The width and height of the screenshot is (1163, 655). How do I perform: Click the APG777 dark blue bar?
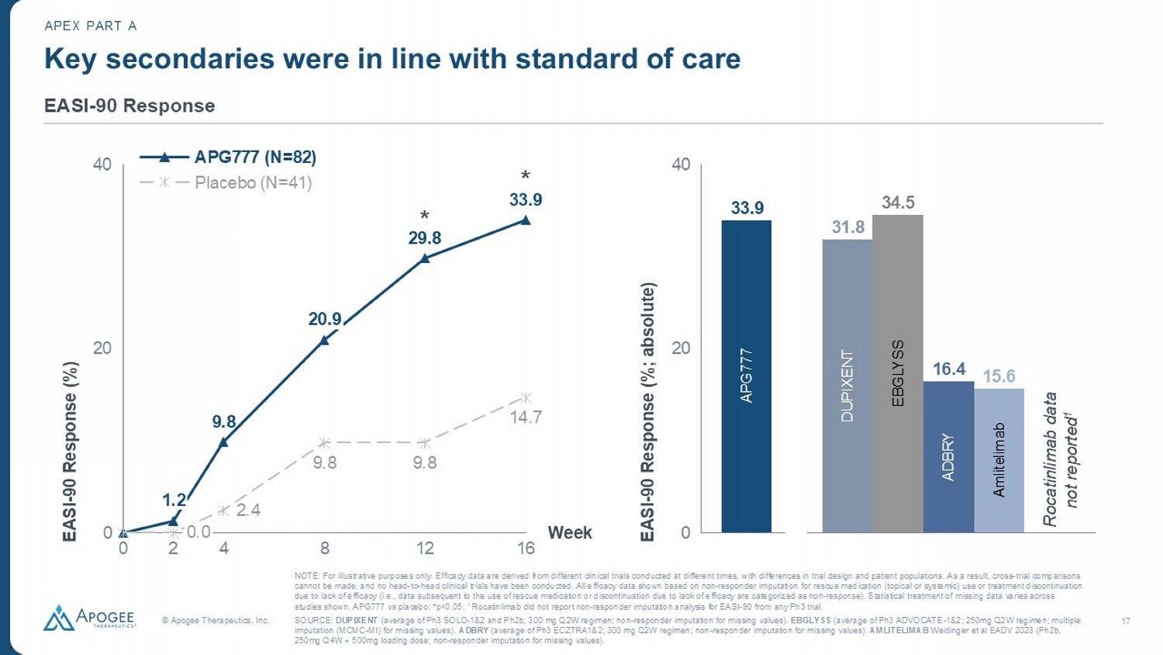pos(746,376)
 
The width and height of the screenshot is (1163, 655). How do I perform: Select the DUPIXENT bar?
pos(847,386)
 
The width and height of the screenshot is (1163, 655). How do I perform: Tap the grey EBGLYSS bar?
pos(897,373)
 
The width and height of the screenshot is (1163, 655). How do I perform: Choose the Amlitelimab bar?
pos(999,460)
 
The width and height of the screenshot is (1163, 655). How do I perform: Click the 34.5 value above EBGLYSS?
pos(898,203)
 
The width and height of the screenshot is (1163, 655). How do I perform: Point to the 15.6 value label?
pos(999,376)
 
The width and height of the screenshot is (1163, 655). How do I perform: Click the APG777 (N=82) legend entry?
pos(228,157)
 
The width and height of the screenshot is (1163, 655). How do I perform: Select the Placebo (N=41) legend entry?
pos(226,183)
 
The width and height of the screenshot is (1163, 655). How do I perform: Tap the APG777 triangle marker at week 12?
pos(425,258)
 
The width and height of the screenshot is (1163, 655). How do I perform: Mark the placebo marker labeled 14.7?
pos(526,398)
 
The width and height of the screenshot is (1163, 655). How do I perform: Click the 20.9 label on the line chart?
pos(325,319)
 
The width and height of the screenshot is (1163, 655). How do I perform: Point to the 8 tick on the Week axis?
pos(325,549)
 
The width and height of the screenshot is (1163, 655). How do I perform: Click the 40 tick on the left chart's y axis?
pos(102,165)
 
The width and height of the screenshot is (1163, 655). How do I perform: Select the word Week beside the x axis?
pos(570,532)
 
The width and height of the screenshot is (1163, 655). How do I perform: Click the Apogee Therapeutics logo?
pos(89,618)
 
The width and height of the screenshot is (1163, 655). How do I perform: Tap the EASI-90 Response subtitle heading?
pos(129,106)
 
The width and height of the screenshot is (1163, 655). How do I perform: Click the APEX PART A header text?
pos(91,26)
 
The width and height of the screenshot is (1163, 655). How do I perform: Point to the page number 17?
pos(1126,621)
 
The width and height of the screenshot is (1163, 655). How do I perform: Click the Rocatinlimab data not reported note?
pos(1060,459)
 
